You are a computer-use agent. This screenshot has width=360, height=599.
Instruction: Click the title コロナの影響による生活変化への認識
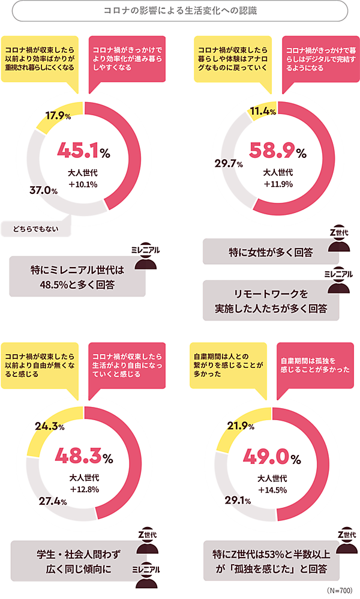(x=179, y=10)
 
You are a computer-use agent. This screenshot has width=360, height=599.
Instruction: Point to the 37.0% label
(x=43, y=190)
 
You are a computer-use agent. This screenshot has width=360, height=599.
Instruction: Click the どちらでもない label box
(x=36, y=227)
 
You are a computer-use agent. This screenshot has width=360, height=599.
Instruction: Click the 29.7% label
(x=229, y=163)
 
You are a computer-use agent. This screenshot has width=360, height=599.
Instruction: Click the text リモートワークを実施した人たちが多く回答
(x=271, y=301)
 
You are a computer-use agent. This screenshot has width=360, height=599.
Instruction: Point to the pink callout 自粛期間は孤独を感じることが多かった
(x=315, y=368)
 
